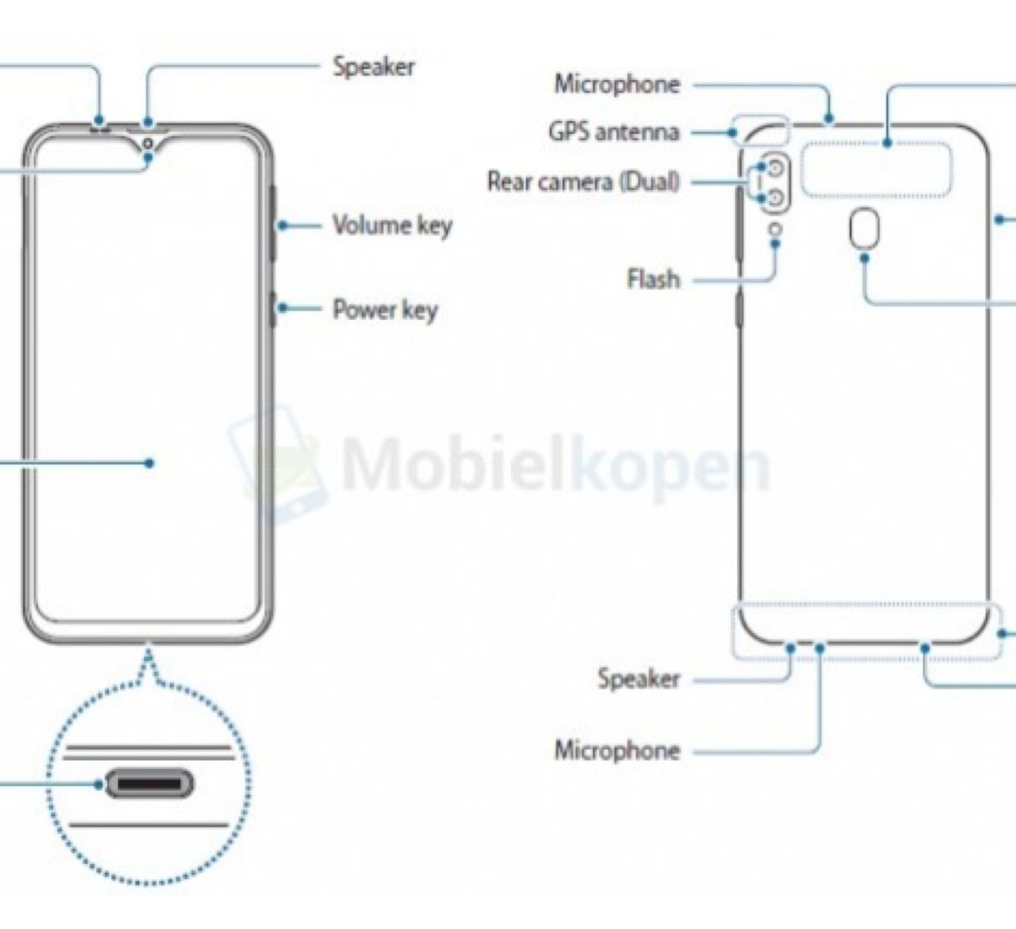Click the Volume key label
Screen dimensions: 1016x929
click(x=392, y=225)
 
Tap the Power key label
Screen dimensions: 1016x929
click(x=385, y=309)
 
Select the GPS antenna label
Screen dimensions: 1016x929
click(x=614, y=133)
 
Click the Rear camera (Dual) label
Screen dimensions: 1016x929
click(x=583, y=181)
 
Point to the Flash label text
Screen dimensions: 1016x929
click(x=654, y=279)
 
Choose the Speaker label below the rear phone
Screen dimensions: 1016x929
click(x=638, y=679)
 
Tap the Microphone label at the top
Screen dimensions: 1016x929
click(x=618, y=84)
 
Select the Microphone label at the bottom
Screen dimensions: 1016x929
click(x=618, y=750)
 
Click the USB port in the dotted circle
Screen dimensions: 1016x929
click(x=149, y=785)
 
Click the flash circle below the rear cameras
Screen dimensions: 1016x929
click(x=775, y=229)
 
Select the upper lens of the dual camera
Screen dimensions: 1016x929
click(x=775, y=166)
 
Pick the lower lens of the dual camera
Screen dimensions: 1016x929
click(x=775, y=198)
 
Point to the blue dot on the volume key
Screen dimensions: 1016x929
click(x=282, y=225)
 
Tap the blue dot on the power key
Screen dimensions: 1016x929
click(x=282, y=307)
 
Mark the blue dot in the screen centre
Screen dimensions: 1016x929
click(x=149, y=463)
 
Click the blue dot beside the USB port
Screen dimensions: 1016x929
click(x=98, y=785)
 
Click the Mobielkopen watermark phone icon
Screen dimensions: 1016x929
click(x=277, y=468)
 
